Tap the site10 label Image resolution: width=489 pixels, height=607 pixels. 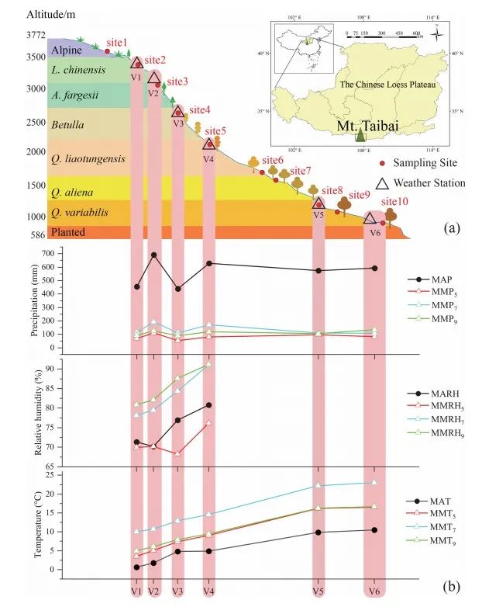(x=392, y=200)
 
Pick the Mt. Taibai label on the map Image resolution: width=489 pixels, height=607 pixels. (x=360, y=123)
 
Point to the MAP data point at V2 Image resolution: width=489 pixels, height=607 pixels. (x=154, y=255)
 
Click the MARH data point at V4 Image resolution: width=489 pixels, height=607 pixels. (x=208, y=405)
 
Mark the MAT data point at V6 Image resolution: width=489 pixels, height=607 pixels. (x=374, y=530)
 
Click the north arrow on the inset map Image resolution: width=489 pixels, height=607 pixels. (x=436, y=33)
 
